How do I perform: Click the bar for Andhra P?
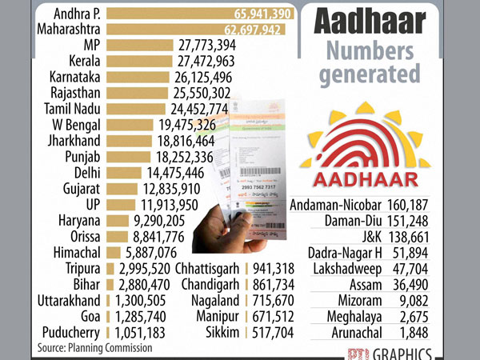[x=200, y=14]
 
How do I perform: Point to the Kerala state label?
[x=82, y=61]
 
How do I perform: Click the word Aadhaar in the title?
[x=368, y=19]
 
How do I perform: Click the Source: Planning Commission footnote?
[x=94, y=348]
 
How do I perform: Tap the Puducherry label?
[x=69, y=332]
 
